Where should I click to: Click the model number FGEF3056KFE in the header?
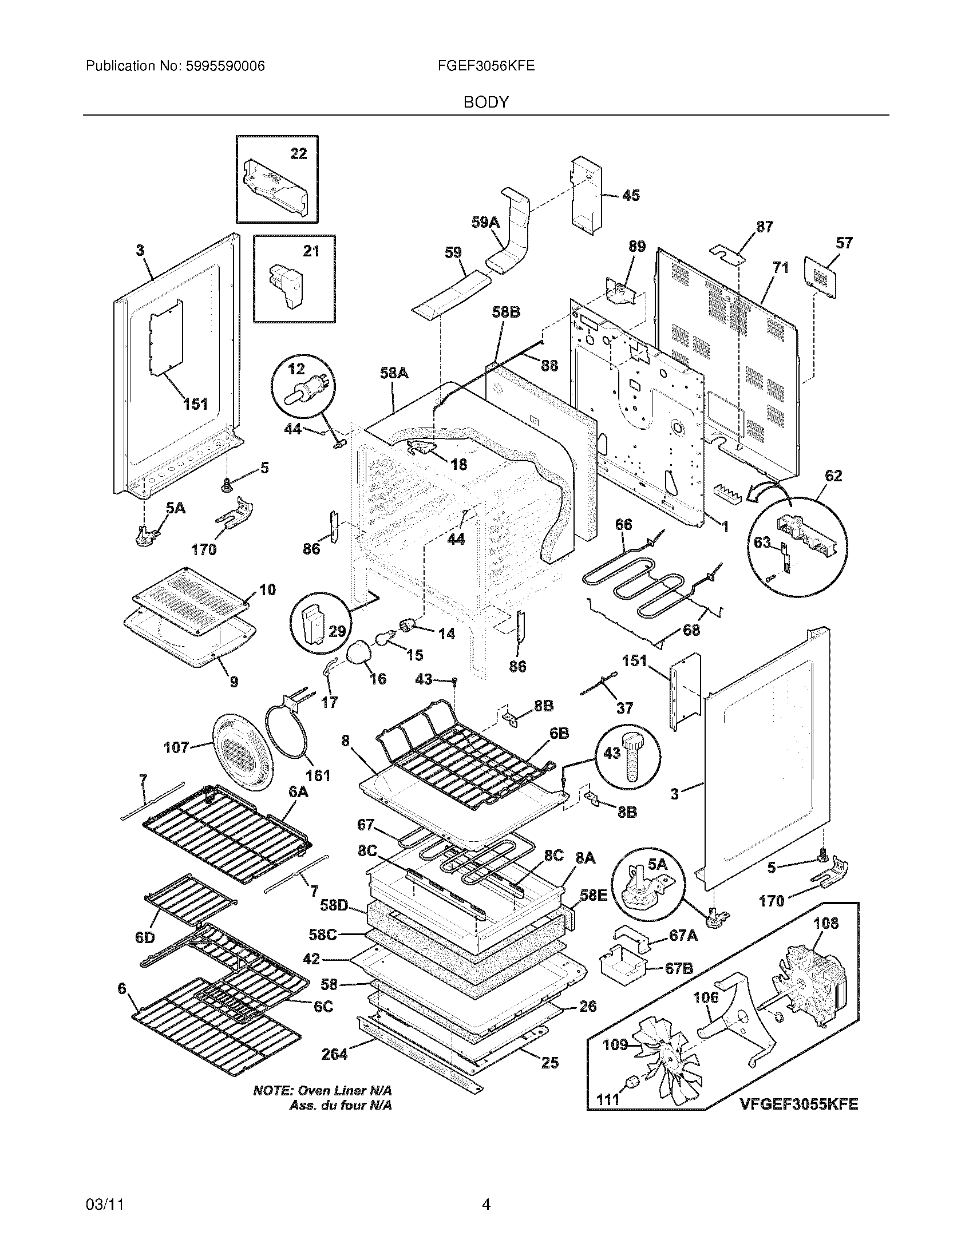click(486, 66)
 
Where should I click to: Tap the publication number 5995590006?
click(226, 66)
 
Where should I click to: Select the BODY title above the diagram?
click(486, 102)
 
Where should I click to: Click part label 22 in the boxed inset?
click(299, 153)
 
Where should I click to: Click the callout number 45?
click(631, 195)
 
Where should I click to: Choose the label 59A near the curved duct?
click(485, 222)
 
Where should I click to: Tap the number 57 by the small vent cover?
click(844, 243)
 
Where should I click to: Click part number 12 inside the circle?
click(296, 369)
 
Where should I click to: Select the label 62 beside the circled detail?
click(833, 476)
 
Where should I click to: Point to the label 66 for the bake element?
click(624, 524)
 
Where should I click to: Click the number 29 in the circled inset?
click(337, 631)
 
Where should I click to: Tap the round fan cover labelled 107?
click(239, 749)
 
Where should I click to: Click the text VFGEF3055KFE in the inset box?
click(799, 1103)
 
